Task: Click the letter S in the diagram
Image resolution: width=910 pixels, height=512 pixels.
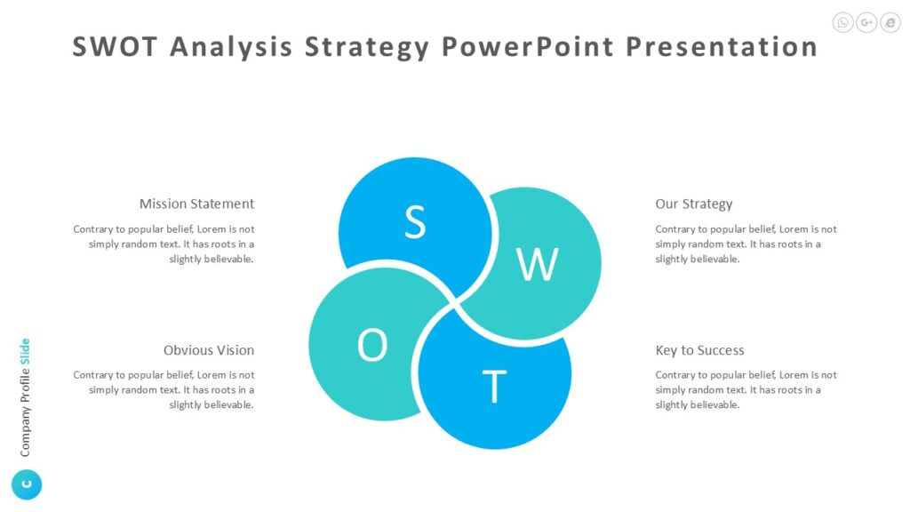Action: pos(414,222)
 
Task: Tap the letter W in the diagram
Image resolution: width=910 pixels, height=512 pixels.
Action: pos(537,264)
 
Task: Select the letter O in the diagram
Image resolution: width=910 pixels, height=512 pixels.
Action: pos(372,346)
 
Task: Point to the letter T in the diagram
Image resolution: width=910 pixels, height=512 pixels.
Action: pos(494,388)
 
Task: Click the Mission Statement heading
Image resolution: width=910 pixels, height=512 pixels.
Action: pos(196,204)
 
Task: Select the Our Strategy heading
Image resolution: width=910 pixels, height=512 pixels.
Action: pos(694,204)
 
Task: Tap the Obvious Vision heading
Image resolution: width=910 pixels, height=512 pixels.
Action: pos(209,350)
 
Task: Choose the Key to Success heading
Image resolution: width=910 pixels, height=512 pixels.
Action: pos(699,350)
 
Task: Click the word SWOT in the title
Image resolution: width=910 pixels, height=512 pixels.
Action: pos(115,46)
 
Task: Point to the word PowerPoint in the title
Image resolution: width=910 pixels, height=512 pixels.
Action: pos(526,46)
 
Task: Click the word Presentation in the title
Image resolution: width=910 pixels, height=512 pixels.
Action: pos(722,46)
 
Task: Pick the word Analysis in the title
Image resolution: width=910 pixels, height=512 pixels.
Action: pos(231,46)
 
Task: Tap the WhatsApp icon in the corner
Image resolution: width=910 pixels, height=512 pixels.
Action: pos(843,23)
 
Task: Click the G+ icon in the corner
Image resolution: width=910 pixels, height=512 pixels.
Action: pos(866,23)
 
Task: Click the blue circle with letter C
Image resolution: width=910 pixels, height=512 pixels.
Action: pos(27,484)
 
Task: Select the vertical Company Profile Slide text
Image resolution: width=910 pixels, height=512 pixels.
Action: pos(25,397)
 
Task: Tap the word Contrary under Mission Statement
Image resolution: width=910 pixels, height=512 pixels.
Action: pos(93,229)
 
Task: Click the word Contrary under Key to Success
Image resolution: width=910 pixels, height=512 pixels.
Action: pos(675,375)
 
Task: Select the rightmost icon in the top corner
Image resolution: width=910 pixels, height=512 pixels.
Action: pos(890,23)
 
